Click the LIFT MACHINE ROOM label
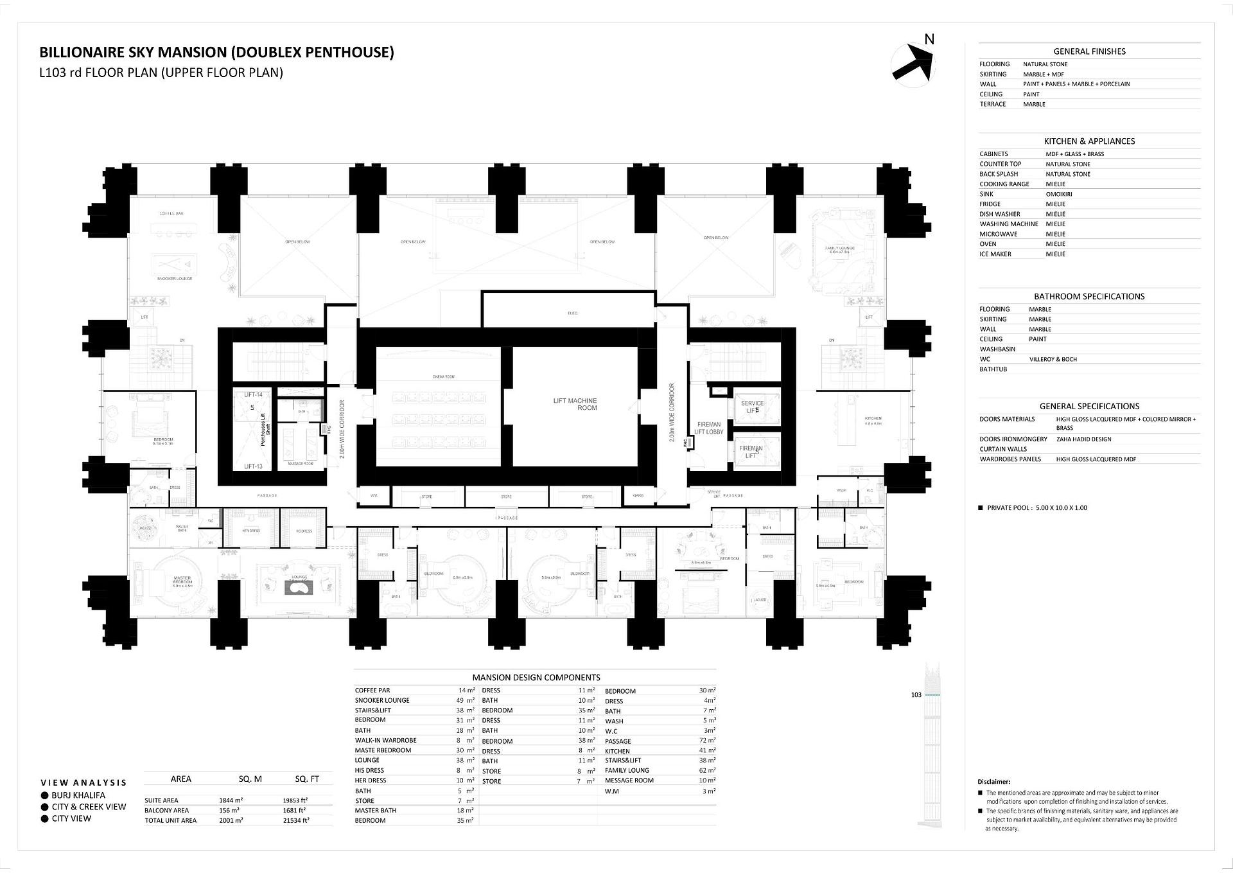pyautogui.click(x=575, y=404)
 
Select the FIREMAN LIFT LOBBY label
pyautogui.click(x=708, y=428)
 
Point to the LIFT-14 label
pyautogui.click(x=253, y=394)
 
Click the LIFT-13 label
pyautogui.click(x=253, y=466)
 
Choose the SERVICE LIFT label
pyautogui.click(x=752, y=407)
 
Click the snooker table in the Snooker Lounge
pyautogui.click(x=174, y=263)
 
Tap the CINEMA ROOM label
pyautogui.click(x=443, y=377)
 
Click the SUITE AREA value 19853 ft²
pyautogui.click(x=295, y=800)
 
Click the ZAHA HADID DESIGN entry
pyautogui.click(x=1083, y=439)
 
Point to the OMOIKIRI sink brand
pyautogui.click(x=1058, y=194)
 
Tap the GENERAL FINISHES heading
pyautogui.click(x=1089, y=51)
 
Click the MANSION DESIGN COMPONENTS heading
pyautogui.click(x=536, y=677)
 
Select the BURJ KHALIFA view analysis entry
pyautogui.click(x=78, y=795)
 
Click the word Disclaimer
pyautogui.click(x=993, y=782)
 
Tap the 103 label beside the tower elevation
pyautogui.click(x=916, y=694)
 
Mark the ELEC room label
pyautogui.click(x=572, y=313)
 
